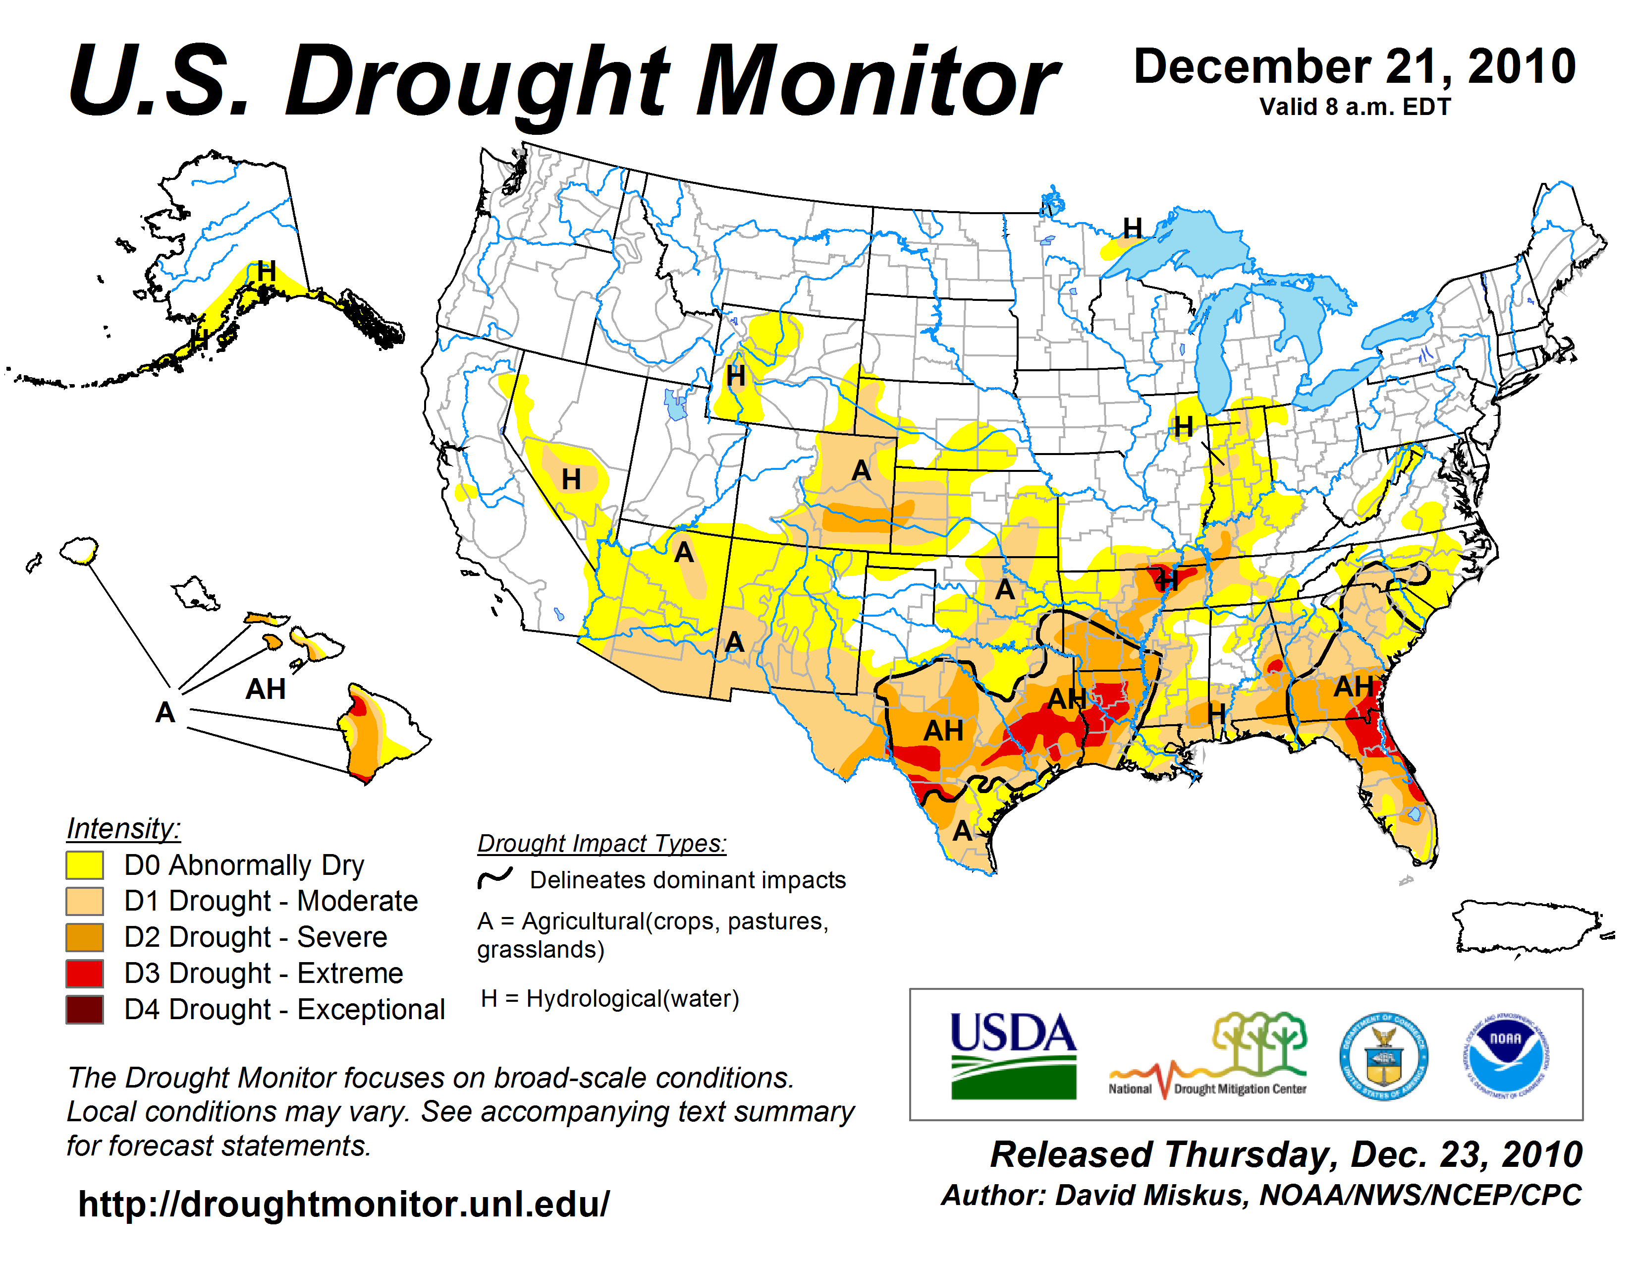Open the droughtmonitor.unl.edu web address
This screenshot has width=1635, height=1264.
tap(344, 1204)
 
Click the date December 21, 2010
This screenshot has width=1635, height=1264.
tap(1355, 67)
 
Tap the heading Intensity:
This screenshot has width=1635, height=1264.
tap(123, 829)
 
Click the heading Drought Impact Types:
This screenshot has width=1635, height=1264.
tap(602, 844)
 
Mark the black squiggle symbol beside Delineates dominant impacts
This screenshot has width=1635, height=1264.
tap(495, 878)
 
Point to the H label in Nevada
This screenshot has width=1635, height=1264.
tap(571, 479)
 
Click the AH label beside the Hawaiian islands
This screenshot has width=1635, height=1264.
tap(266, 689)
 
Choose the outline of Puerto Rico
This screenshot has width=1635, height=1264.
tap(1527, 928)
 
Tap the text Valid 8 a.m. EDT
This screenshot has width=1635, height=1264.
tap(1355, 107)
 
